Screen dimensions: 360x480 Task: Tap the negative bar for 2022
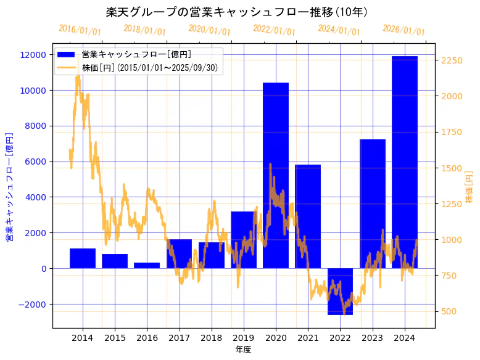click(340, 291)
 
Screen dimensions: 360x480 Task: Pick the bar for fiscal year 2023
click(372, 203)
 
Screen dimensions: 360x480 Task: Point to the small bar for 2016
click(147, 265)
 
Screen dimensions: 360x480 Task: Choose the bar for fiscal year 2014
click(83, 258)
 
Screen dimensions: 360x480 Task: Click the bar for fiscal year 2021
click(308, 216)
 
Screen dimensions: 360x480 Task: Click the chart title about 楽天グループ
click(238, 12)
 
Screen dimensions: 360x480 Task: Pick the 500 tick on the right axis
click(450, 311)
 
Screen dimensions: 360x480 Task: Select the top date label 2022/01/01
click(274, 30)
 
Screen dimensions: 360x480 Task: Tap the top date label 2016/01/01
click(80, 30)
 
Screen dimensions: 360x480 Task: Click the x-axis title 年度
click(243, 350)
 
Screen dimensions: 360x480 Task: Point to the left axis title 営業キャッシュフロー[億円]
click(9, 186)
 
